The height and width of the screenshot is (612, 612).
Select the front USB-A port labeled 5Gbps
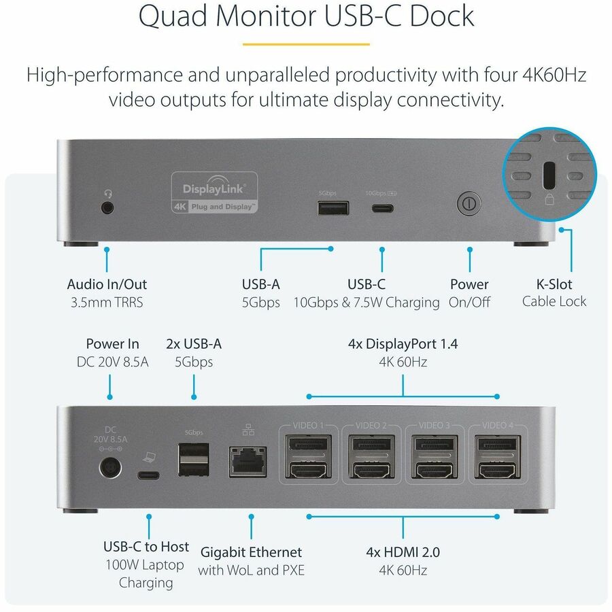point(333,207)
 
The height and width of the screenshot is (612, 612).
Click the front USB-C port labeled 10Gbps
point(381,206)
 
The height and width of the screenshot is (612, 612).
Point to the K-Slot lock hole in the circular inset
point(548,176)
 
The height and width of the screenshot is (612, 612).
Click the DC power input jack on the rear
point(110,467)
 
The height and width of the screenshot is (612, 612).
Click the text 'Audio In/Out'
point(107,284)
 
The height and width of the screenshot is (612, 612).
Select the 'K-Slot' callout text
point(554,284)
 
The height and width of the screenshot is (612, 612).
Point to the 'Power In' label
point(112,343)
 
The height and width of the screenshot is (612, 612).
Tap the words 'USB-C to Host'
point(146,546)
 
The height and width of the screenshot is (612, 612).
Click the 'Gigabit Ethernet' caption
point(251,551)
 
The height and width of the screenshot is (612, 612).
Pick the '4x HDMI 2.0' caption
point(403,551)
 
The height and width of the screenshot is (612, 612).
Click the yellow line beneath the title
point(305,44)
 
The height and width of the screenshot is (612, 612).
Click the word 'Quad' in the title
point(169,16)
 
